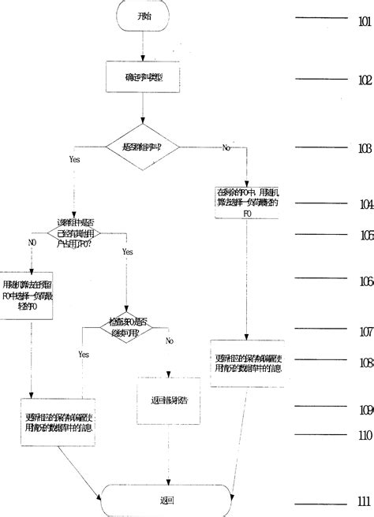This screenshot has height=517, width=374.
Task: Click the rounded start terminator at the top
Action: [143, 17]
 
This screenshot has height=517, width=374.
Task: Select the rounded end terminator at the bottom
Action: [166, 500]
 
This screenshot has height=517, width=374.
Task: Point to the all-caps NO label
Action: [32, 243]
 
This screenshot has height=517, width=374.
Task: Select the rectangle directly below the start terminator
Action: [143, 77]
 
